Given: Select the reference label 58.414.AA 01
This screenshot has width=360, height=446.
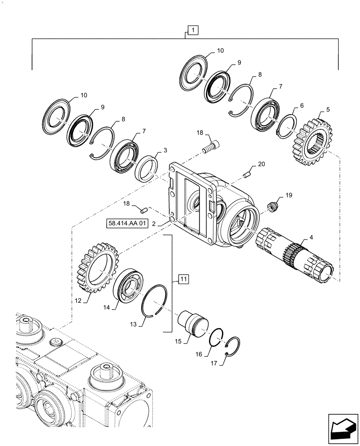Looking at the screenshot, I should click(127, 223).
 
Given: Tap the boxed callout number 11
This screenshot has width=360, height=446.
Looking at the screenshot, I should click(184, 280).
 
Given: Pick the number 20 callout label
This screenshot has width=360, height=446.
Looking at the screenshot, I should click(261, 164).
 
